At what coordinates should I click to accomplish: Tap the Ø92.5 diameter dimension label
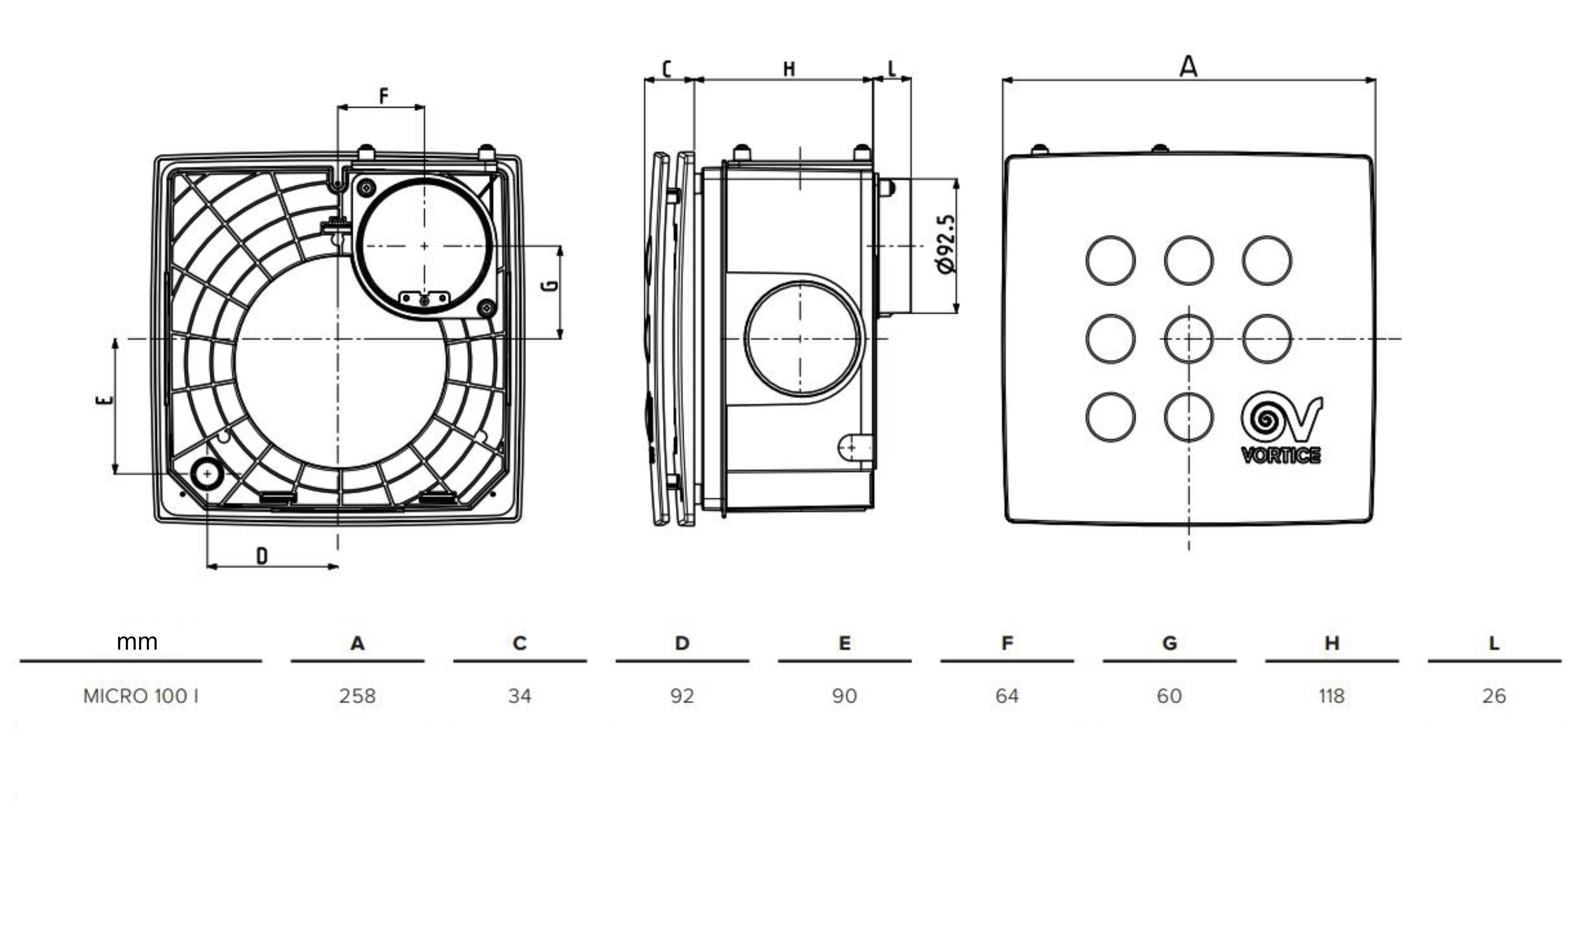(945, 244)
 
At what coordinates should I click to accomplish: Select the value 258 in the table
(357, 696)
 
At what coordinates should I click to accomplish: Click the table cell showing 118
(1332, 696)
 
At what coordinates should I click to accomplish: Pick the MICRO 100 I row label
(140, 696)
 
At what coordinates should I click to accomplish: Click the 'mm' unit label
(137, 641)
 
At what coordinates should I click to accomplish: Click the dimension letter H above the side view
(789, 68)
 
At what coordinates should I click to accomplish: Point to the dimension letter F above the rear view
(384, 96)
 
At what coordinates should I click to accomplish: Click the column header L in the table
(1494, 643)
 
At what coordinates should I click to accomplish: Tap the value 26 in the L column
(1494, 696)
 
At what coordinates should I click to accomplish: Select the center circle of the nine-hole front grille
(1189, 339)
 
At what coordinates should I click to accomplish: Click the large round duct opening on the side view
(802, 339)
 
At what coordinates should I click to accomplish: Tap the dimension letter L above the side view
(892, 68)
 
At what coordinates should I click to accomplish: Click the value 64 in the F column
(1007, 696)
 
